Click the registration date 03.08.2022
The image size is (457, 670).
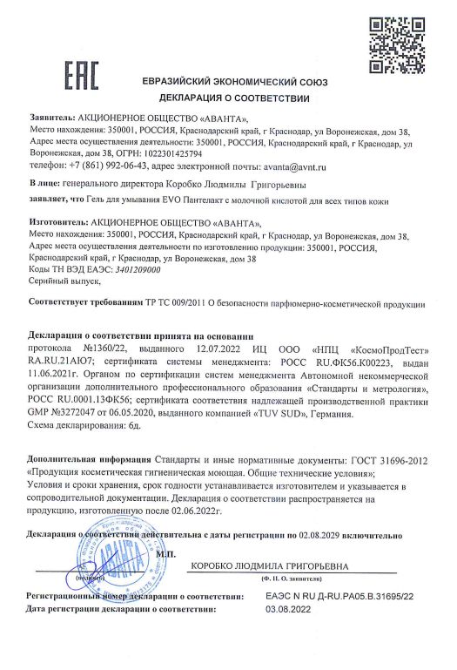[291, 609]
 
